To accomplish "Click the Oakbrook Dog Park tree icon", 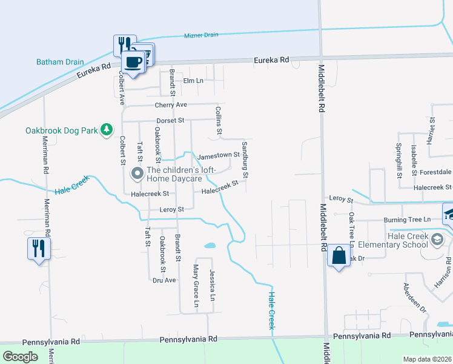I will pos(107,130).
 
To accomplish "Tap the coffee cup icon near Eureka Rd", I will pos(133,62).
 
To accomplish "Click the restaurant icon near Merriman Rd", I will pos(38,248).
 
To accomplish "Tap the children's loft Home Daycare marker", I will pos(137,174).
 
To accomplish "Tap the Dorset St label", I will pos(170,120).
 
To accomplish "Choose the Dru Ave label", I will pos(164,280).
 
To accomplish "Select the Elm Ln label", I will pos(193,81).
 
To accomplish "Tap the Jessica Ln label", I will pos(212,285).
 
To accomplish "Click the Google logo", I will pos(21,357).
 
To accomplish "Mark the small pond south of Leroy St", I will pos(210,246).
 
